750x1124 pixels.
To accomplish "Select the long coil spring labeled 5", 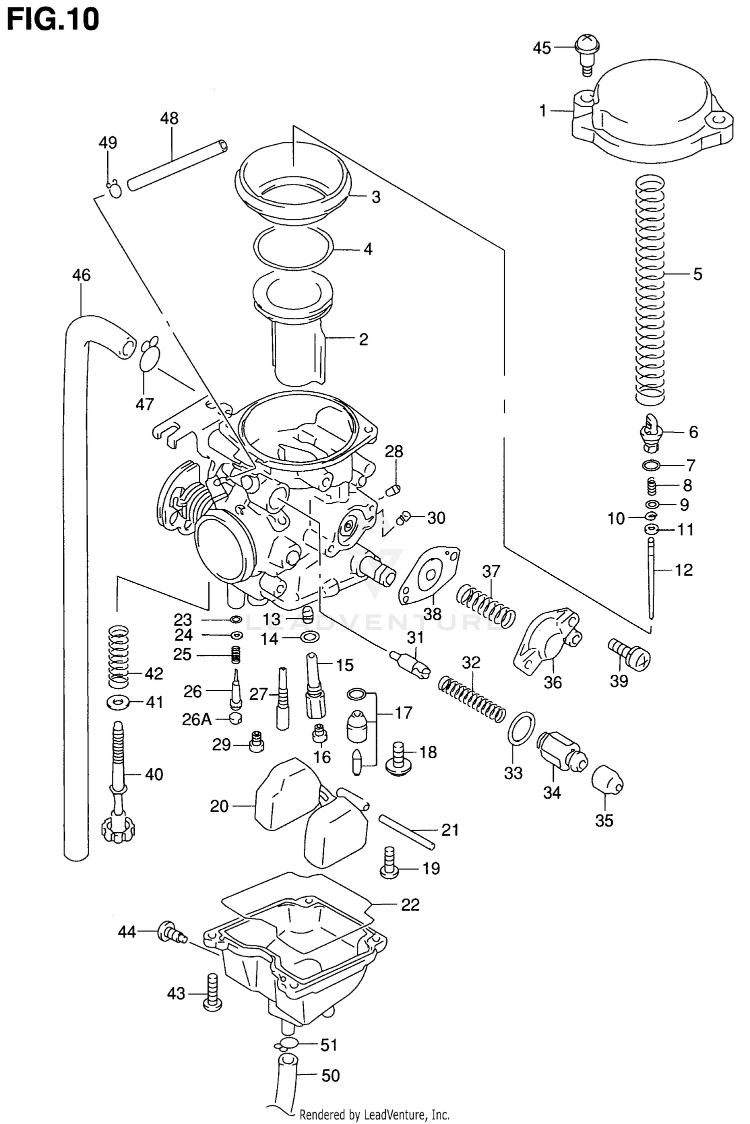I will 650,290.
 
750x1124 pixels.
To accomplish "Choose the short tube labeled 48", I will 177,165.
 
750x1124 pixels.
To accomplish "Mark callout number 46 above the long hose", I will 81,275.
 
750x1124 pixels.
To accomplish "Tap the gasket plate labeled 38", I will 429,575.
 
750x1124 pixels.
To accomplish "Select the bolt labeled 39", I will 629,654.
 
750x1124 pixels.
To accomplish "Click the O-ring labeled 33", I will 521,728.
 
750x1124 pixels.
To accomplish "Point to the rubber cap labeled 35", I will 607,780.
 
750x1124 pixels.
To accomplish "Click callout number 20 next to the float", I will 219,806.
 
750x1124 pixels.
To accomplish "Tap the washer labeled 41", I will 117,703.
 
